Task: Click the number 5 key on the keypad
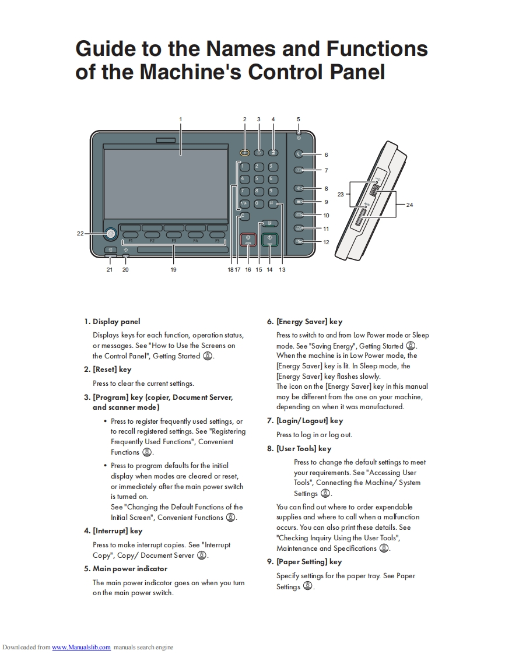[258, 179]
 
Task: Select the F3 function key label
[174, 241]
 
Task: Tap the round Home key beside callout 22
[110, 234]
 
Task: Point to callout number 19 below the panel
[173, 270]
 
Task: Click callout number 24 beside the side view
[409, 205]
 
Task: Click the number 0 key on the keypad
[258, 203]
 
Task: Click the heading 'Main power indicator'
[130, 568]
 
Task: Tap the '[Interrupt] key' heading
[117, 531]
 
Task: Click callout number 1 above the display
[181, 119]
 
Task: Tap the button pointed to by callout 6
[299, 154]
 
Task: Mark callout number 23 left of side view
[341, 194]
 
